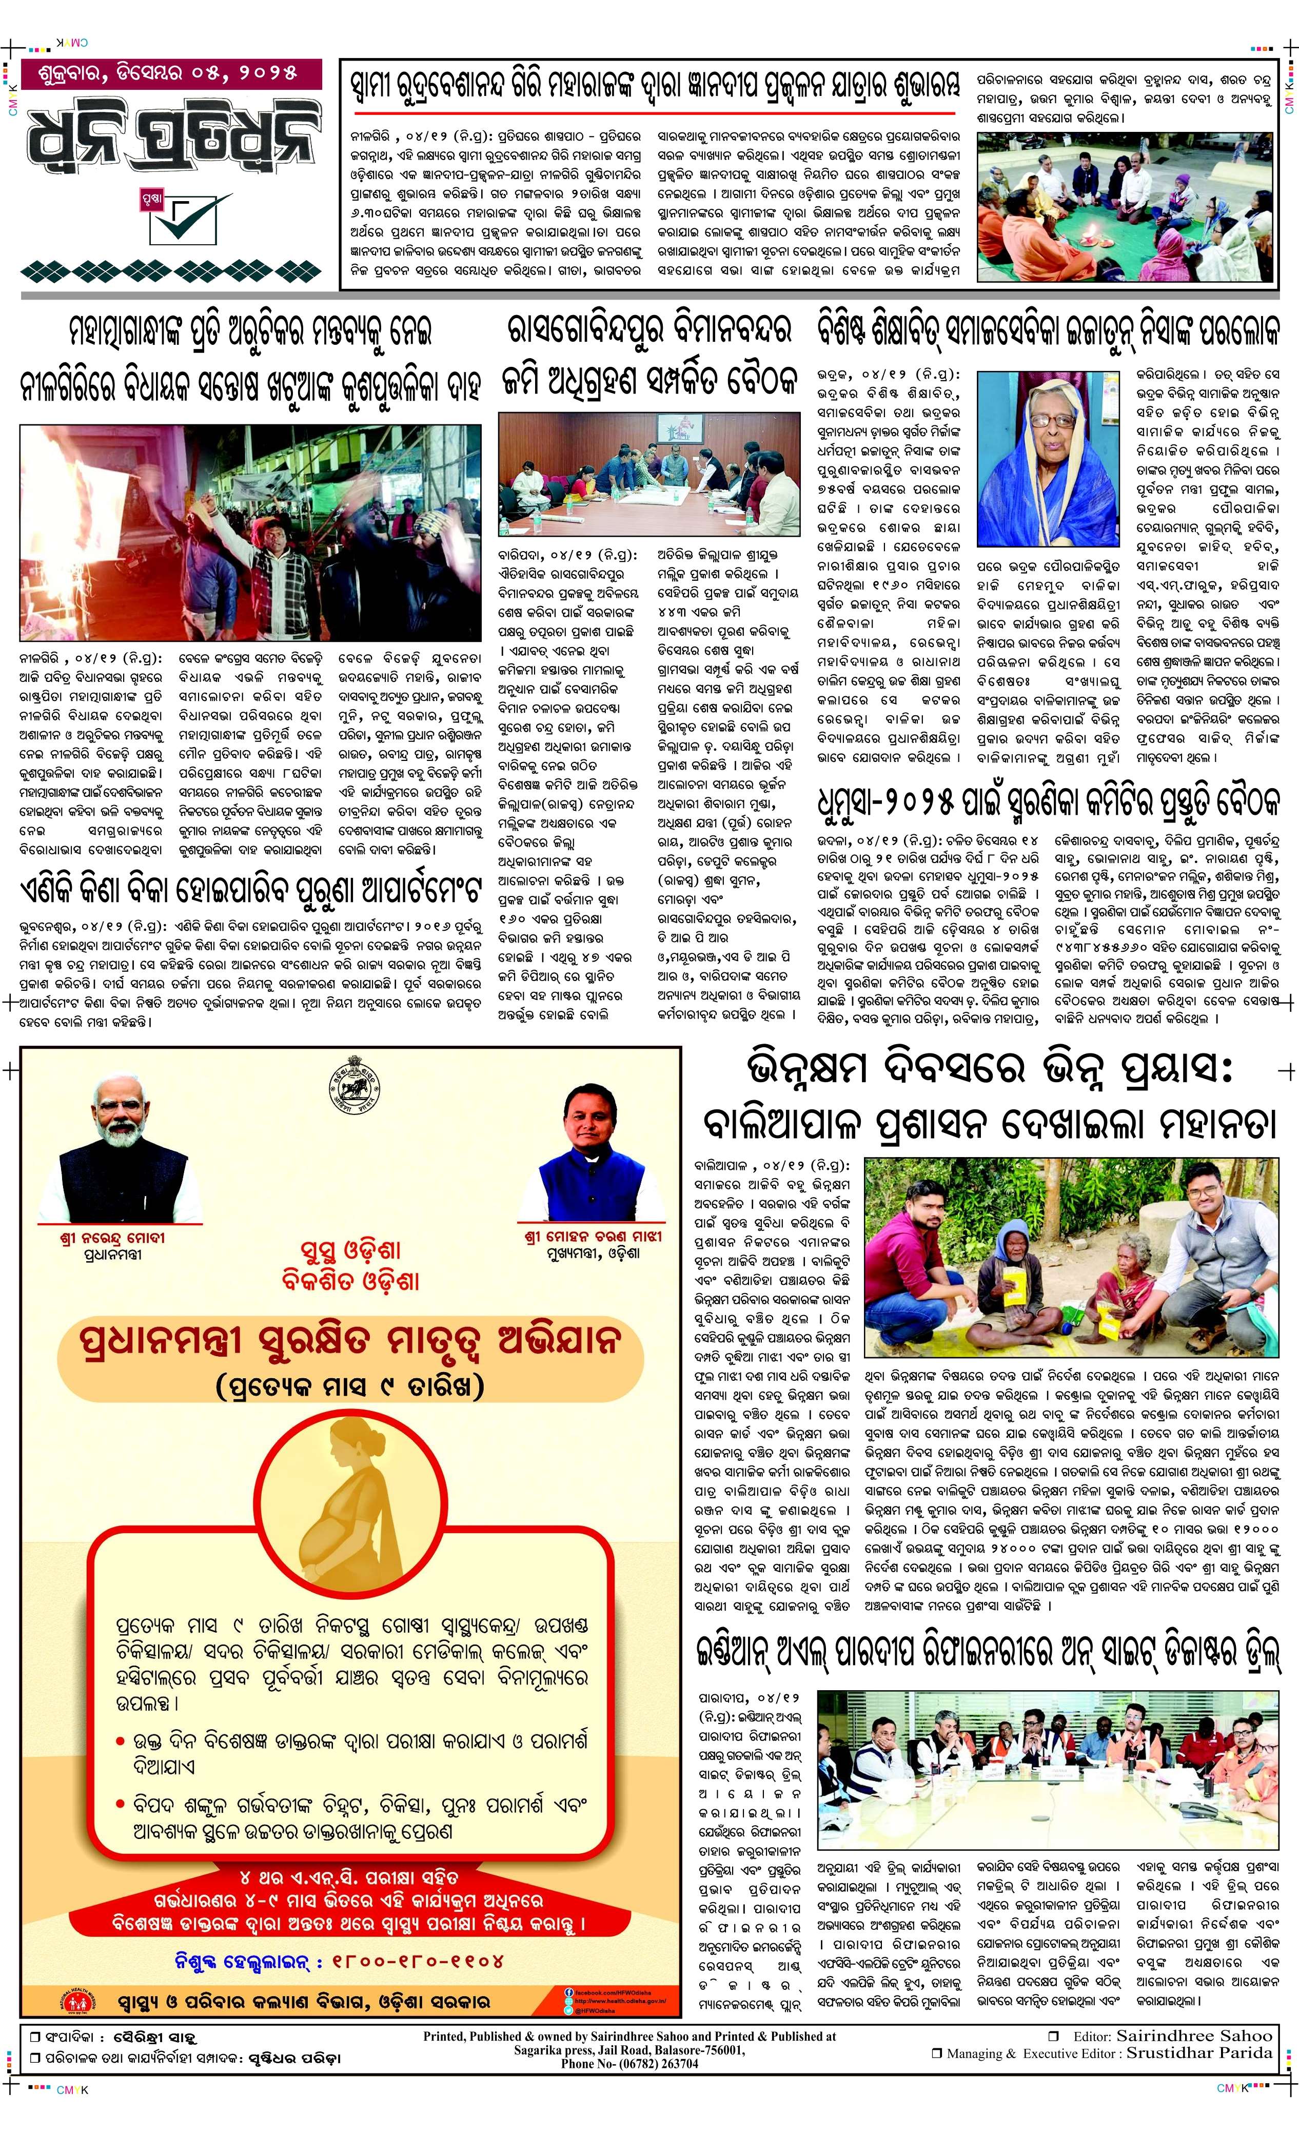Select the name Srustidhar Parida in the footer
click(1198, 2052)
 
